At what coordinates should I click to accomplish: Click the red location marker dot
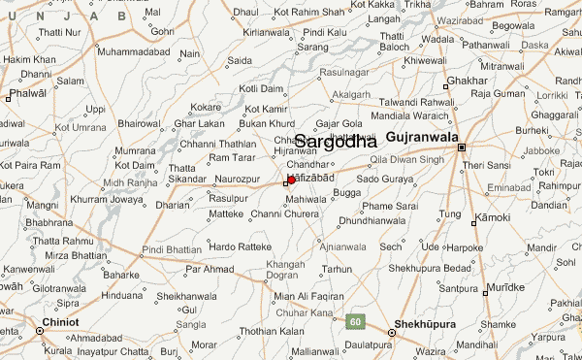pos(291,180)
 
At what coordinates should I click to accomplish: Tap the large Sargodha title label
pos(336,142)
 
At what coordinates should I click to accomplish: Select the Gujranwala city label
pos(422,138)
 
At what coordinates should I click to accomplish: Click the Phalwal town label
pos(27,94)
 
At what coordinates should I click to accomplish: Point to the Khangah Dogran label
pos(284,270)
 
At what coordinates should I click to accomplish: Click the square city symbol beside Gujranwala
pos(463,147)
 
